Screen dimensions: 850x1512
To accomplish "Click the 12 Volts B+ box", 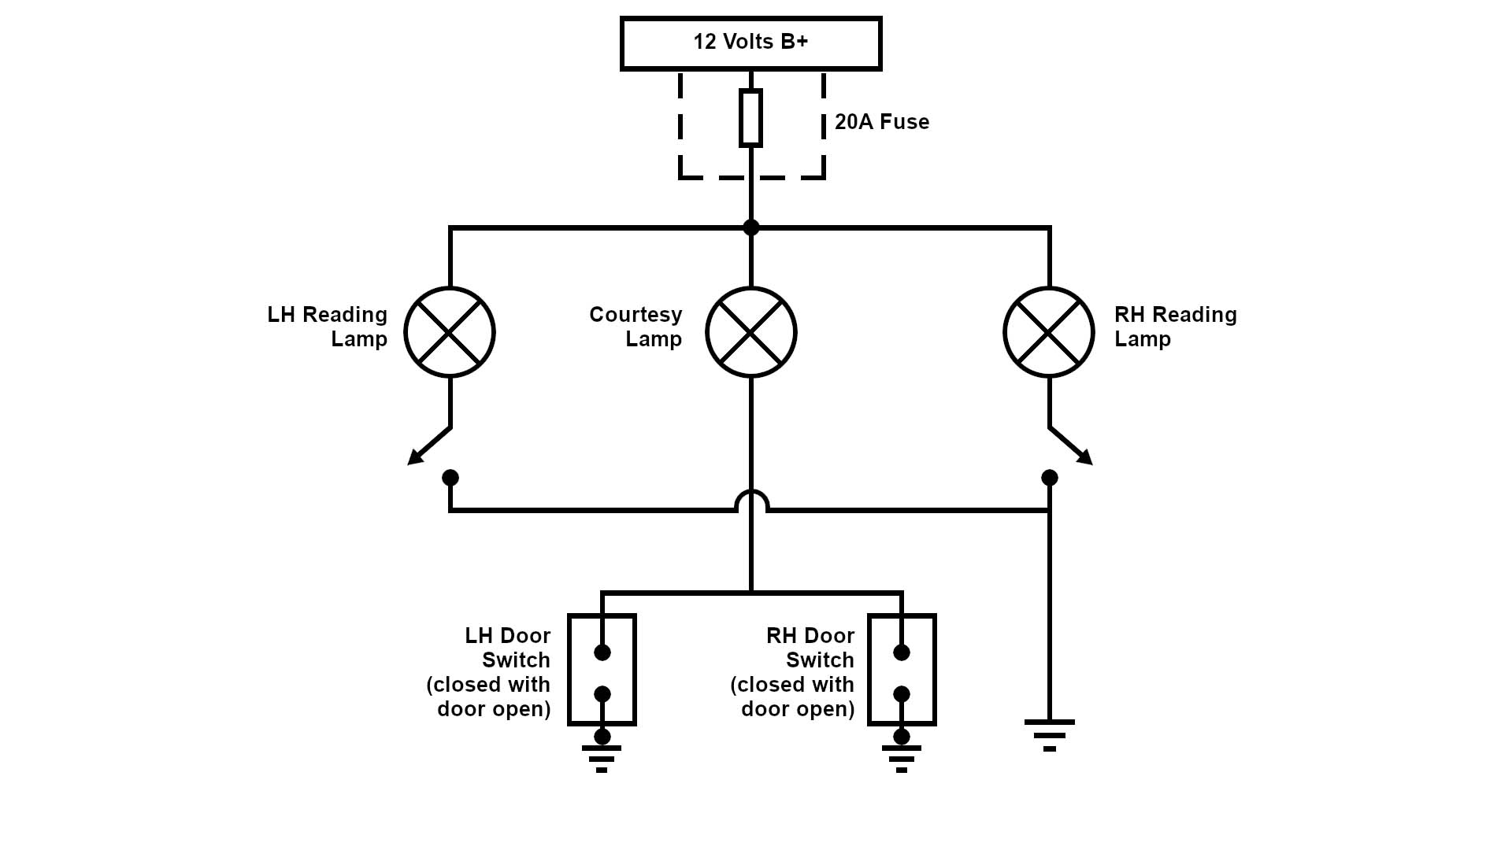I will pyautogui.click(x=750, y=43).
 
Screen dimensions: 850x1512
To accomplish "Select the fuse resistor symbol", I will pyautogui.click(x=750, y=118).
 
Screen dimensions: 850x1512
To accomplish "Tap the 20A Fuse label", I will pyautogui.click(x=882, y=122).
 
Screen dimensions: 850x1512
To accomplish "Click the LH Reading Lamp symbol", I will pyautogui.click(x=450, y=332).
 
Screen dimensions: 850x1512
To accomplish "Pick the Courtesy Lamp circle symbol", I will pyautogui.click(x=751, y=332).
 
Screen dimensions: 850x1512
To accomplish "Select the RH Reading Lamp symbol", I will pyautogui.click(x=1049, y=332).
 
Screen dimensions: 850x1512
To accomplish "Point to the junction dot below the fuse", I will pyautogui.click(x=751, y=227).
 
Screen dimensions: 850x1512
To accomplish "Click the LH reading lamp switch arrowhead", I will pyautogui.click(x=414, y=458).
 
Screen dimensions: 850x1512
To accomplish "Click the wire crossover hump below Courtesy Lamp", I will pyautogui.click(x=751, y=499).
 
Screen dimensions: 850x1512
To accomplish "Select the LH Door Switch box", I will pyautogui.click(x=602, y=670).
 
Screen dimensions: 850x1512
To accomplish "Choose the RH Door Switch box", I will pyautogui.click(x=902, y=670).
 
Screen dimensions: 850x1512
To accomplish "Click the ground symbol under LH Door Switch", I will pyautogui.click(x=602, y=758).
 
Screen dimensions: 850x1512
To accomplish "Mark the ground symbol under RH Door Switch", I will pyautogui.click(x=902, y=758).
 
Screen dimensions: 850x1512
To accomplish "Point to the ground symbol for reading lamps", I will pyautogui.click(x=1049, y=735).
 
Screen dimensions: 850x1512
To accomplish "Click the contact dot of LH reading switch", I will pyautogui.click(x=450, y=478).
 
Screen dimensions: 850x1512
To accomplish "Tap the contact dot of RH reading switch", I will pyautogui.click(x=1050, y=478).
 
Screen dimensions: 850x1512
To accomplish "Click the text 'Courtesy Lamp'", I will pyautogui.click(x=636, y=327).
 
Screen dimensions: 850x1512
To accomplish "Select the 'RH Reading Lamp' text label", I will pyautogui.click(x=1175, y=327).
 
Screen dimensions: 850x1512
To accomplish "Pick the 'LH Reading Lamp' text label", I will pyautogui.click(x=328, y=327).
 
